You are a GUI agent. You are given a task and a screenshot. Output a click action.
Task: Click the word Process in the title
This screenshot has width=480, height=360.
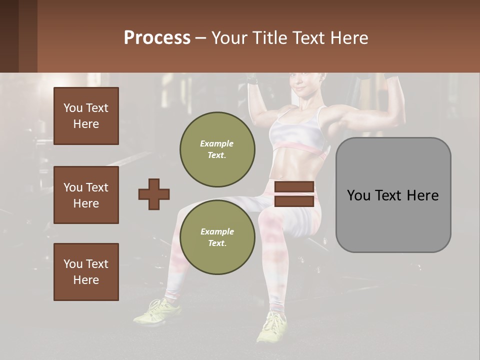point(157,38)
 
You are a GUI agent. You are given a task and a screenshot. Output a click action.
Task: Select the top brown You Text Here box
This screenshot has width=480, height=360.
point(86,116)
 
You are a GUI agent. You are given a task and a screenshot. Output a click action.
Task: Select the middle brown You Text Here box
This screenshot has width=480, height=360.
point(86,195)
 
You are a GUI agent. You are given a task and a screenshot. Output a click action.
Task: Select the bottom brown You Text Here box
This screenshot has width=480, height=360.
point(86,272)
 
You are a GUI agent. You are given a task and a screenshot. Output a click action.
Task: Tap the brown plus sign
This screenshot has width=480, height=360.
point(154,194)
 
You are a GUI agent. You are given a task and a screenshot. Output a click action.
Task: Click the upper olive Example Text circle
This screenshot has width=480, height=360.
point(217,149)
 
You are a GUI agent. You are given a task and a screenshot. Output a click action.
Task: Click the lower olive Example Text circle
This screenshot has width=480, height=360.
point(217,237)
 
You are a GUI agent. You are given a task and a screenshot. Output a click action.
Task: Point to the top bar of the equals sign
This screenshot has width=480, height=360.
point(294,187)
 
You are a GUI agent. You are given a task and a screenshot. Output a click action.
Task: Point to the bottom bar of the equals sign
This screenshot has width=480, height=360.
point(294,201)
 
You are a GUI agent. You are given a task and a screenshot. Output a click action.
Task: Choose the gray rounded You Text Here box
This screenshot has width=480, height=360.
point(393,195)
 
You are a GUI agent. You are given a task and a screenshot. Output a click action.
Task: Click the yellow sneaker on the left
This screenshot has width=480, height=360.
point(158,311)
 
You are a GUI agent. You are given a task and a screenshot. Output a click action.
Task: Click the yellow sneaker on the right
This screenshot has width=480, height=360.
point(272,327)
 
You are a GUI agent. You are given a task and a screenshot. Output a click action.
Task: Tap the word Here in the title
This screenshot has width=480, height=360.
point(348,38)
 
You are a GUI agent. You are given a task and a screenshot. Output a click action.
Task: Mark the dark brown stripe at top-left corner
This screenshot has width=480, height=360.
point(9,36)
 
